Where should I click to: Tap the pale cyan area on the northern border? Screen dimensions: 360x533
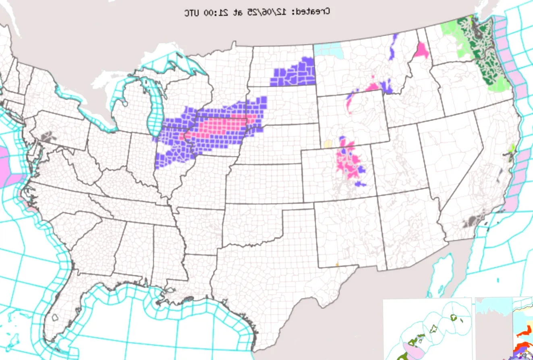coord(328,49)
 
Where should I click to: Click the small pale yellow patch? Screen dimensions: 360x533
coord(328,144)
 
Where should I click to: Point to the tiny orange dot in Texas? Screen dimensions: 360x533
coord(337,265)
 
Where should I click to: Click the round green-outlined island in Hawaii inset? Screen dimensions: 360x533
coord(455,318)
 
